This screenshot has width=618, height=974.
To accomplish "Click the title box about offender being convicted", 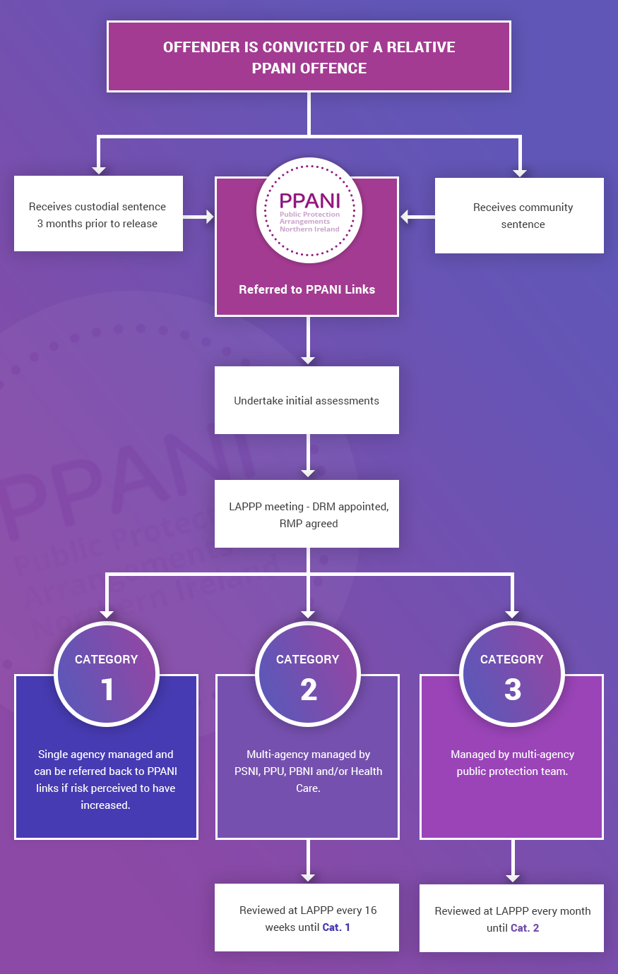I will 309,56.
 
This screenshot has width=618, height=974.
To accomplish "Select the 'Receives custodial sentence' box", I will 98,215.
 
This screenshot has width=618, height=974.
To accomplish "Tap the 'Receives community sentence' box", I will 519,215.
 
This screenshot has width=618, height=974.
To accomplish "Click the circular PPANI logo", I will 309,210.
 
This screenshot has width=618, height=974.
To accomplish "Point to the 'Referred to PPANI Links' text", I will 307,289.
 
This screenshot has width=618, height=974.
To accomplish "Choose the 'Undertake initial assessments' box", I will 307,400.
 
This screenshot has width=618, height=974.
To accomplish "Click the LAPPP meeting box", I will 307,515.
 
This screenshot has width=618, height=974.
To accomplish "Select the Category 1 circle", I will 107,674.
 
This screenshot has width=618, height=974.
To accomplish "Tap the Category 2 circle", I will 308,674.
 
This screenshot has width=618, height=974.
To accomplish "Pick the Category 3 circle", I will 512,674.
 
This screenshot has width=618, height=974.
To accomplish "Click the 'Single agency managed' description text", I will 106,779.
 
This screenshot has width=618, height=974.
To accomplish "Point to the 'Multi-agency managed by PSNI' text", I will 308,771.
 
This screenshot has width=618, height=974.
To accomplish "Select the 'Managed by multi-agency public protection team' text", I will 512,762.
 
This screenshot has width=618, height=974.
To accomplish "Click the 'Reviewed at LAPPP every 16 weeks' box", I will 307,918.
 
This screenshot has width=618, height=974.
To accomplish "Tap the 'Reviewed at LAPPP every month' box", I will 511,918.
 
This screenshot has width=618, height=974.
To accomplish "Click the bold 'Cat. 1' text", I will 336,927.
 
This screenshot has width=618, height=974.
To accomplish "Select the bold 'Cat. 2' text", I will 525,928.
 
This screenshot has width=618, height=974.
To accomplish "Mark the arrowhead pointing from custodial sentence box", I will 208,217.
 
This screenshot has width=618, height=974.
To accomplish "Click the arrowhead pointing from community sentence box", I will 405,217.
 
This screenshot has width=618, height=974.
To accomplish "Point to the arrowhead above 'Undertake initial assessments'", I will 308,359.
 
